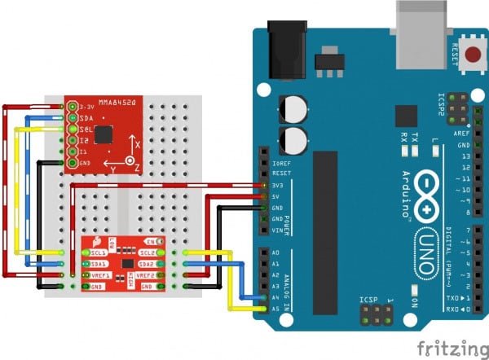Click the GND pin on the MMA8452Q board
(73, 164)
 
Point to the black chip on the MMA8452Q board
(104, 135)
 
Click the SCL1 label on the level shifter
(99, 254)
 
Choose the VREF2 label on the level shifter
(148, 275)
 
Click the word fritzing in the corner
(452, 349)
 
